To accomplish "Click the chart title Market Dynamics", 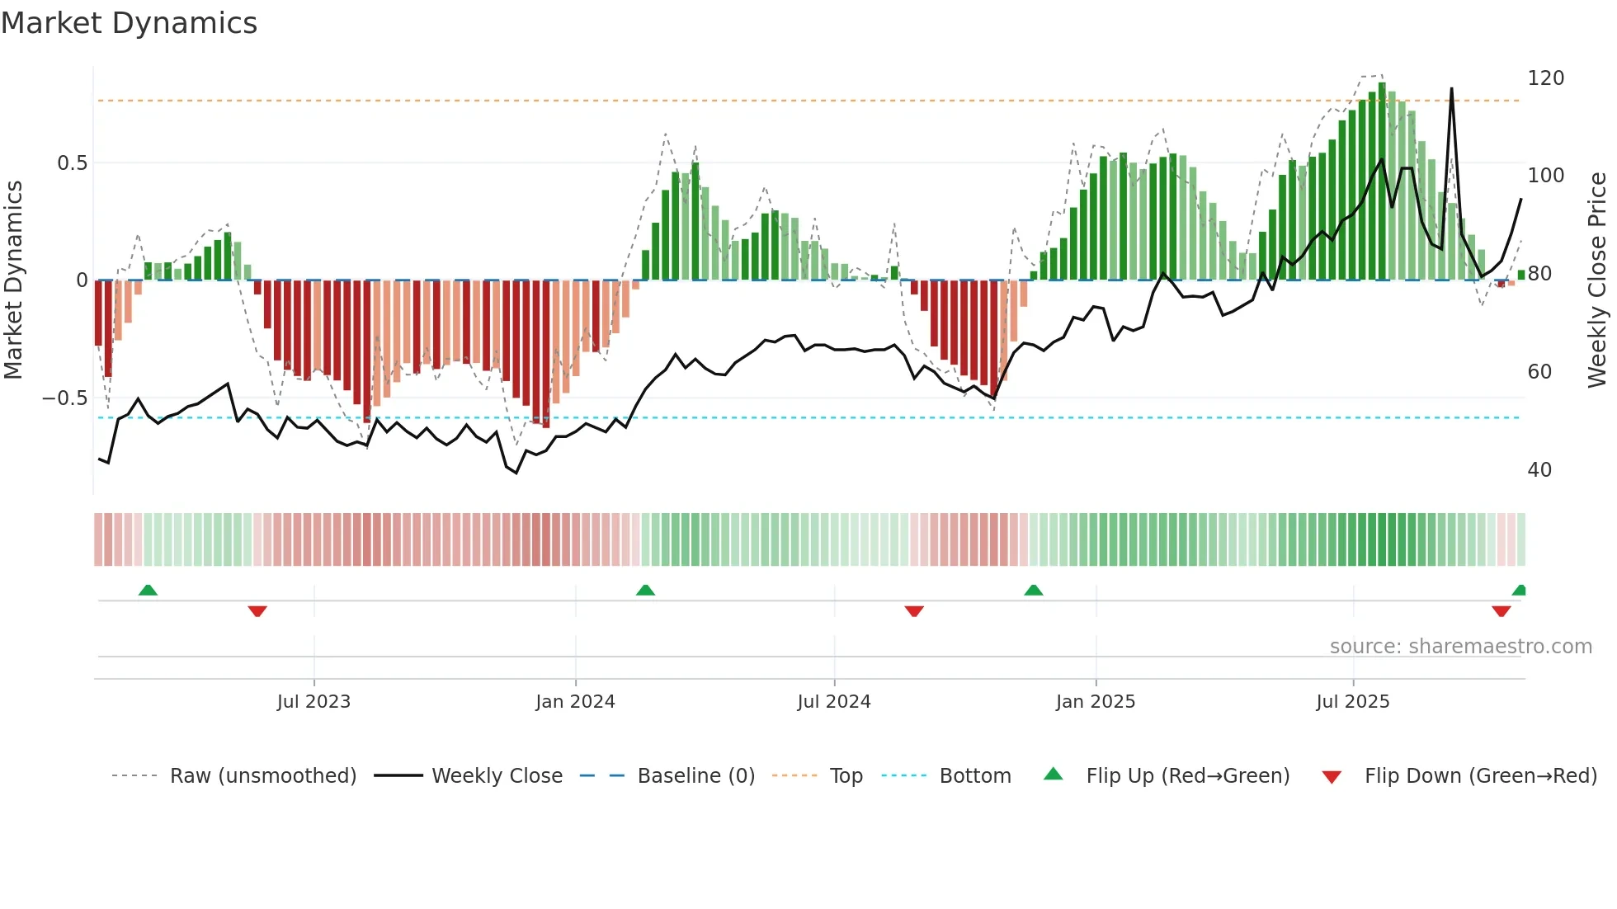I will click(x=130, y=23).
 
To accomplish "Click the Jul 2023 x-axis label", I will click(x=313, y=702).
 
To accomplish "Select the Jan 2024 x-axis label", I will click(x=575, y=702).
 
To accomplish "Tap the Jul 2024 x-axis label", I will click(x=834, y=702).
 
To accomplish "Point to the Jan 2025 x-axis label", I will click(x=1096, y=702).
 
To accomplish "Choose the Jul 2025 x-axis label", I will click(x=1353, y=702).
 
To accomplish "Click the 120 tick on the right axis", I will click(x=1545, y=78).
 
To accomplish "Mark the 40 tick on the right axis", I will click(x=1539, y=470).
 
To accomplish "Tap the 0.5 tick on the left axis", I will click(x=72, y=163).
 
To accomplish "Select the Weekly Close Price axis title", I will click(x=1597, y=280).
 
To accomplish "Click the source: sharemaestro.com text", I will click(x=1460, y=647).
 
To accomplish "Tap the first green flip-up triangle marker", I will click(x=148, y=591).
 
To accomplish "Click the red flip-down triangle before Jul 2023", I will click(x=257, y=611).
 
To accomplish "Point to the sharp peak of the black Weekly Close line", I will click(x=1451, y=89).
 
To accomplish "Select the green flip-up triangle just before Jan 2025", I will click(x=1033, y=591).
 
